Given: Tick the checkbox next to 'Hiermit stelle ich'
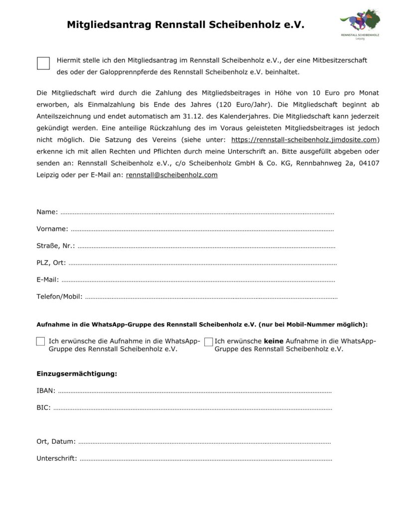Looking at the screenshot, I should pos(44,63).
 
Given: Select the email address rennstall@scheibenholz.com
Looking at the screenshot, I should pos(172,175).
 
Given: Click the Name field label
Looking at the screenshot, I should pos(47,212).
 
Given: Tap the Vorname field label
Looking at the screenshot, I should pos(52,229).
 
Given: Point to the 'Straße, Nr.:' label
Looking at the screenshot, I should pos(56,246).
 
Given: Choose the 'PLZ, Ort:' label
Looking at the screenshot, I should pos(51,263).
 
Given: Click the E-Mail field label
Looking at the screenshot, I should pos(48,280).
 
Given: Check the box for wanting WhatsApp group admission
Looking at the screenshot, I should pos(41,342).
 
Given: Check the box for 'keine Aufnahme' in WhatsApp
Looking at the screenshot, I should pos(208,342).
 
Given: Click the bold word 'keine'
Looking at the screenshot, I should pos(273,341).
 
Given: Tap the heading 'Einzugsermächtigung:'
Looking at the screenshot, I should pos(77,374).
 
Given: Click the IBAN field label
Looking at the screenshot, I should pos(46,390).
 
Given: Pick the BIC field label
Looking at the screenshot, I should pos(43,407).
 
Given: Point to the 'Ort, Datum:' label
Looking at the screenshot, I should pos(56,441).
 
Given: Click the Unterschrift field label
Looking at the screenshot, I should pos(57,458).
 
